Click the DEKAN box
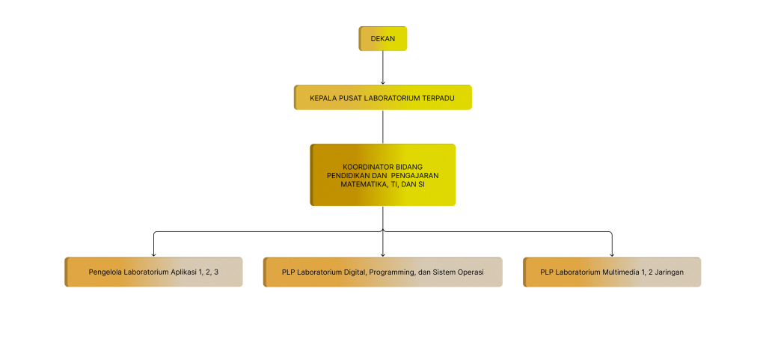(383, 39)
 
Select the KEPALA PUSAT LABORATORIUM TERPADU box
(383, 97)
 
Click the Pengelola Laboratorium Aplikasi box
(153, 272)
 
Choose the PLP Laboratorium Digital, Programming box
(383, 272)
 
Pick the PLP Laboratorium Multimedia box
(612, 272)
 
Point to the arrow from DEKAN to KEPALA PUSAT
(383, 67)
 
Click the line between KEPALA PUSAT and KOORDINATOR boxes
(383, 126)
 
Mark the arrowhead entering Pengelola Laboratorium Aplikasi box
(153, 254)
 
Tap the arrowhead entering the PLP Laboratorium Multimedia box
(612, 254)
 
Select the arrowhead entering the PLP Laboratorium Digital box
(383, 254)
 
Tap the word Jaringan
(668, 272)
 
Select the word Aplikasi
(185, 272)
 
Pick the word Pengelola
(105, 272)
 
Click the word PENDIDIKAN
(350, 174)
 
